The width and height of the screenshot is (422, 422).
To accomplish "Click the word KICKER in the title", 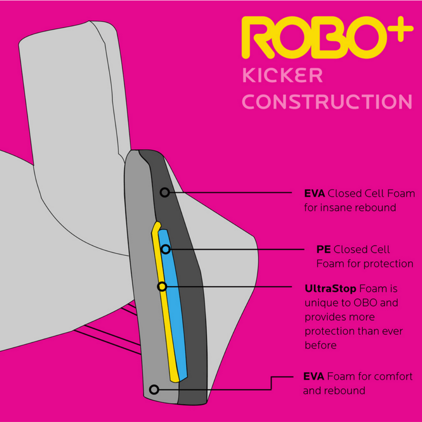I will pos(283,75).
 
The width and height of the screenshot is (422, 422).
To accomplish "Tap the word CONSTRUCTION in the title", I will pos(327,102).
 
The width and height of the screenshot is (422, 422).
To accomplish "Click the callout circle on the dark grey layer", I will pos(165,192).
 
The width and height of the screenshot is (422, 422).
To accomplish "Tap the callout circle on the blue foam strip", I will pos(166,249).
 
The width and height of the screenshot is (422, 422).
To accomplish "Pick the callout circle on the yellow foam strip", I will pos(162,287).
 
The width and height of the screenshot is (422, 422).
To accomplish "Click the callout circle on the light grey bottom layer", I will pos(154,390).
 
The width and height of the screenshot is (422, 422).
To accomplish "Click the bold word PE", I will pos(324,249).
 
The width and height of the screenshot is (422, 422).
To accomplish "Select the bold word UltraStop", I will pos(330,289).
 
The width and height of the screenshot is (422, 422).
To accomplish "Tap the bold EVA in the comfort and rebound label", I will pos(313,377).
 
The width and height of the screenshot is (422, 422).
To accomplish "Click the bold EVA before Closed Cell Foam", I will pos(314,193).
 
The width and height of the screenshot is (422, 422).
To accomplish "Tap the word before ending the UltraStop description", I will pos(320,345).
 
